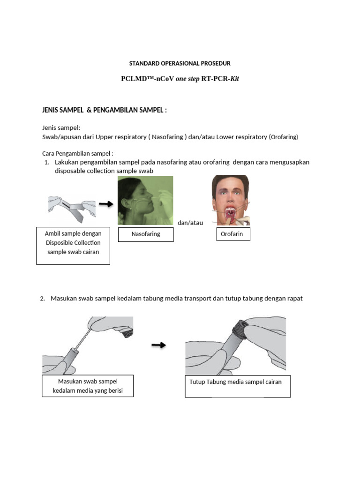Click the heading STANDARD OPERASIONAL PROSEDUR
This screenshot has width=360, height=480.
click(180, 63)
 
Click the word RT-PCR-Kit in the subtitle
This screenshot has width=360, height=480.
click(220, 79)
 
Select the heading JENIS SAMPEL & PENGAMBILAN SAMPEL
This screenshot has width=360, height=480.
click(105, 110)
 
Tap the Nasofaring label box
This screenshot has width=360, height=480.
click(146, 234)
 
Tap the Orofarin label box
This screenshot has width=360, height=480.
click(233, 234)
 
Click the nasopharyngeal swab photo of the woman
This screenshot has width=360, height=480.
click(145, 200)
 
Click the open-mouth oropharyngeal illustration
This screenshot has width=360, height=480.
click(231, 200)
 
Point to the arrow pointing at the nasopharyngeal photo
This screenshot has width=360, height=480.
click(106, 204)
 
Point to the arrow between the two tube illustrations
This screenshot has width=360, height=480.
click(159, 345)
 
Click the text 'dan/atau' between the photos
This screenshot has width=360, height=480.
click(190, 223)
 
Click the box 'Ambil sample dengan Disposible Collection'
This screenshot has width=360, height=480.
click(73, 246)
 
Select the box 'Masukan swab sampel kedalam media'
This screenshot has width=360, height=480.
click(88, 386)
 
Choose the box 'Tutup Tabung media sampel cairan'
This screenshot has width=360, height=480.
click(238, 386)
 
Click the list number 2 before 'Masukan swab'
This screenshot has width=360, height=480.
click(42, 299)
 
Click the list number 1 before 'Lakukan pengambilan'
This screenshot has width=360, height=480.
click(47, 162)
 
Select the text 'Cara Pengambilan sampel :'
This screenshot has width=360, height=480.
click(78, 153)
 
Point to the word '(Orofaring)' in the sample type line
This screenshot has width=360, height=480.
click(284, 137)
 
